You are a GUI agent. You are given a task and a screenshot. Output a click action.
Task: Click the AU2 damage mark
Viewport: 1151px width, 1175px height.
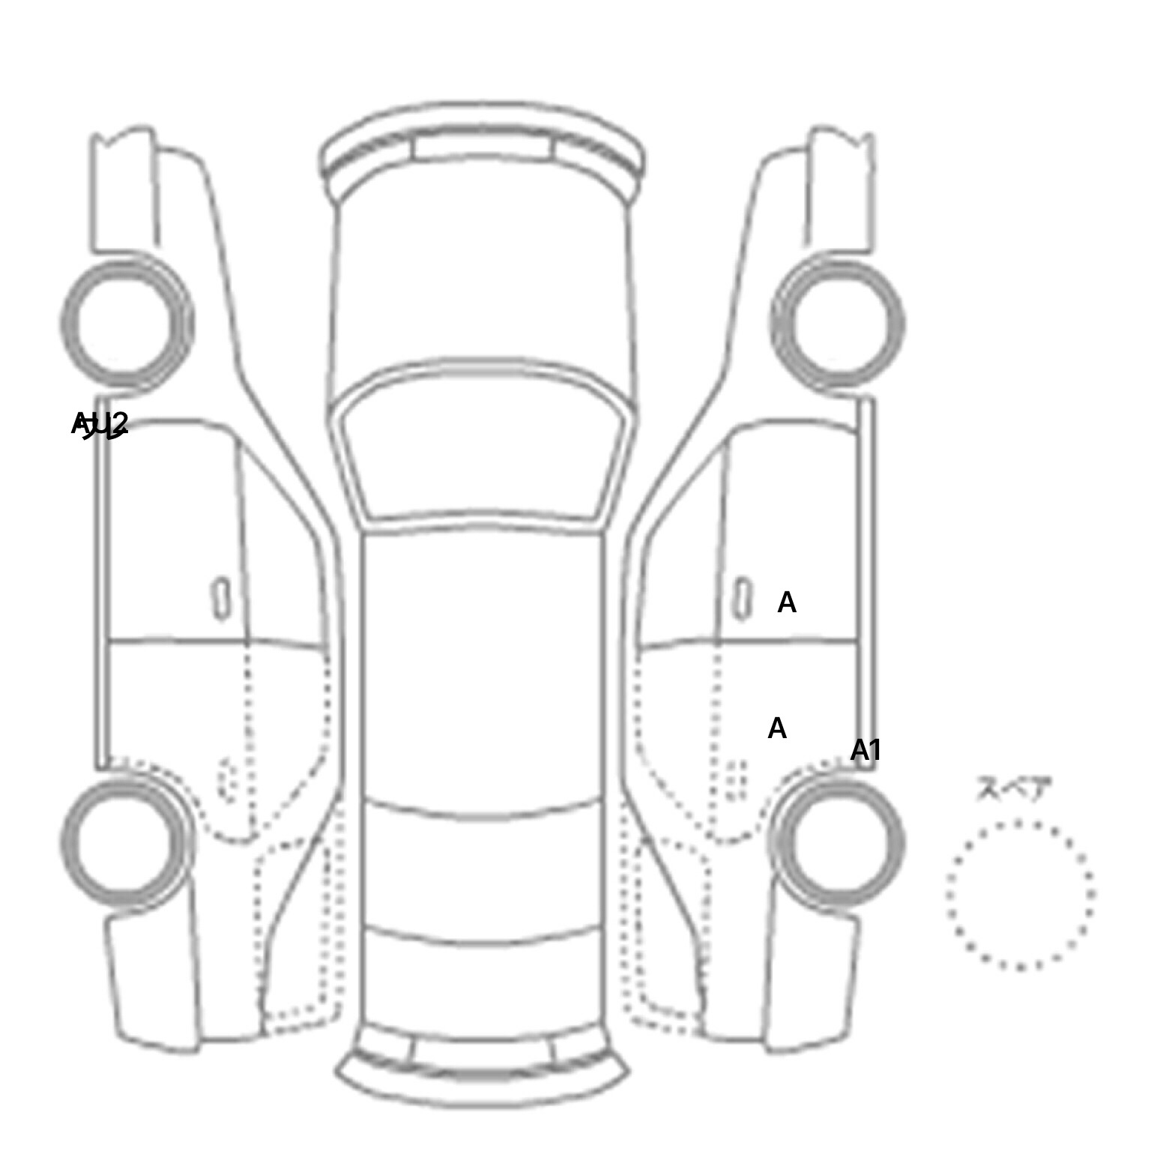coord(100,424)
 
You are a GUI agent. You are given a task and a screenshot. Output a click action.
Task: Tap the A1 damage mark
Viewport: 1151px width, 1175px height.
coord(865,750)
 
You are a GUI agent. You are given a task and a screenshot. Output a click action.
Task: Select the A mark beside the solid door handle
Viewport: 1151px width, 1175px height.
coord(786,602)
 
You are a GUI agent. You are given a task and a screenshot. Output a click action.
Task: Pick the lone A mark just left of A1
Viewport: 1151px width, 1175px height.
coord(777,728)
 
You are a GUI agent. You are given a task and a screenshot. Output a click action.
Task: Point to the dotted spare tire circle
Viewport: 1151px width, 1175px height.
coord(1020,894)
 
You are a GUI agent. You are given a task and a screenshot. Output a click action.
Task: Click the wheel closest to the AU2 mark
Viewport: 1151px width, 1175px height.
coord(127,324)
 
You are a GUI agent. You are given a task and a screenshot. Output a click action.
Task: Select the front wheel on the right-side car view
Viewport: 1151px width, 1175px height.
coord(838,324)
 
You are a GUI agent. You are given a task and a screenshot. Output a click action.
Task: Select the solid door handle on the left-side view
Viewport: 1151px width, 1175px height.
coord(221,598)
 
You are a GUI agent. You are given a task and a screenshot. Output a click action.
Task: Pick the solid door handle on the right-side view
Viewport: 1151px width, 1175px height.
coord(742,598)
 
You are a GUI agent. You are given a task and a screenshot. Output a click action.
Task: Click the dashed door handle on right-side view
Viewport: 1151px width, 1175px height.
coord(736,779)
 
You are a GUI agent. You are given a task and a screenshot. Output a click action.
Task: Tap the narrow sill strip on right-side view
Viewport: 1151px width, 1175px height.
coord(867,585)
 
